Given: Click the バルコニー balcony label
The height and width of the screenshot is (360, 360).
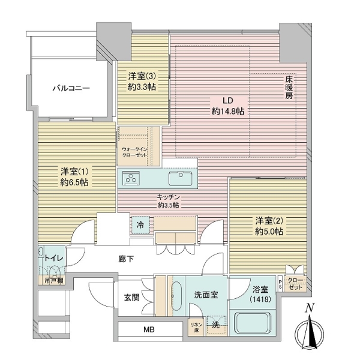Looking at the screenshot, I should coord(71,88).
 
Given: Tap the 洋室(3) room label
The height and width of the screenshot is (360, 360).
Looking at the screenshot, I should coord(142,80).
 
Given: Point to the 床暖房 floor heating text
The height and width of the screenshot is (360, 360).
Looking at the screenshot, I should coord(289,87).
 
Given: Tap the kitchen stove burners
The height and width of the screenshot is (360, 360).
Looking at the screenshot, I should coord(131,178).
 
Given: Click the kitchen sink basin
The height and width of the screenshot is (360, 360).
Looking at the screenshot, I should coord(178,178).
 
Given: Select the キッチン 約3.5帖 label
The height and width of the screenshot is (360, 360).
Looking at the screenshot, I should coord(169,200).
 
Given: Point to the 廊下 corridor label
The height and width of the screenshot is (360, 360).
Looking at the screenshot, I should coord(125,259).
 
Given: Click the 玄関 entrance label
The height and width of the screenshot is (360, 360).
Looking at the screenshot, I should coord(132,296).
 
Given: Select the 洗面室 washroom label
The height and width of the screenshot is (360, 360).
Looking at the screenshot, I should coord(205,295).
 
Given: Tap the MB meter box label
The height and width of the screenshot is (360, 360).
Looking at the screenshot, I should coord(148,329).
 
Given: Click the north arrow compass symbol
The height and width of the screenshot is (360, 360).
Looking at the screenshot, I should coord(310,330).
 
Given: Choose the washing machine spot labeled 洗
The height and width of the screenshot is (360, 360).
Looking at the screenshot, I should coord(215,325).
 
